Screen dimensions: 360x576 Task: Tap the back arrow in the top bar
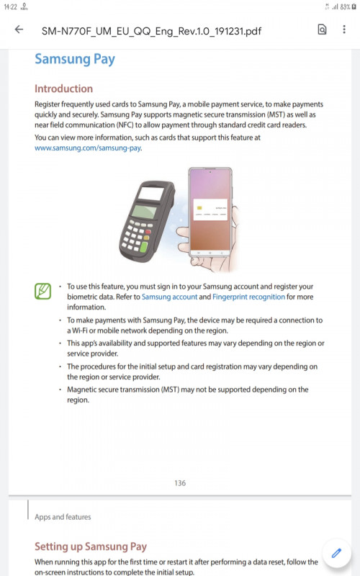(x=19, y=30)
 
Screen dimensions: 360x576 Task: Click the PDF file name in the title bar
(x=151, y=31)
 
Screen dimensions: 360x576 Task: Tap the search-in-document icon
(x=322, y=30)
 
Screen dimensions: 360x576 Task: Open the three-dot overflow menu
(x=344, y=30)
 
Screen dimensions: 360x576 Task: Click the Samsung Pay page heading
(x=75, y=59)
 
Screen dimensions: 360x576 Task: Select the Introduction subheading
(x=63, y=89)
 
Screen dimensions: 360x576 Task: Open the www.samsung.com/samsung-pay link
(x=88, y=148)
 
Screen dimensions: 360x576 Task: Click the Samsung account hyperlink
(x=170, y=297)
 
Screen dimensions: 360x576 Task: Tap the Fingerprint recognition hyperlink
(x=248, y=297)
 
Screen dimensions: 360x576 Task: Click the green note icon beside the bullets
(x=43, y=291)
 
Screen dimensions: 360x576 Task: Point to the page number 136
(x=180, y=483)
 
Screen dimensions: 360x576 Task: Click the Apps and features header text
(x=63, y=517)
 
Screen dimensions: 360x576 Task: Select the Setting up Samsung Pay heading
(x=91, y=546)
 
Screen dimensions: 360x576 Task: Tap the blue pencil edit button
(x=336, y=553)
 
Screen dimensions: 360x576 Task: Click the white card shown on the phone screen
(x=210, y=210)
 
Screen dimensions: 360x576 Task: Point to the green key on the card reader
(x=143, y=246)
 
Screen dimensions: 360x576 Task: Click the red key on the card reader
(x=148, y=232)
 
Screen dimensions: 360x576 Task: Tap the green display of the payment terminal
(x=145, y=211)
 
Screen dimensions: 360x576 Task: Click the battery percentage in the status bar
(x=346, y=6)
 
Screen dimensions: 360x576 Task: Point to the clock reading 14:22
(x=10, y=6)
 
